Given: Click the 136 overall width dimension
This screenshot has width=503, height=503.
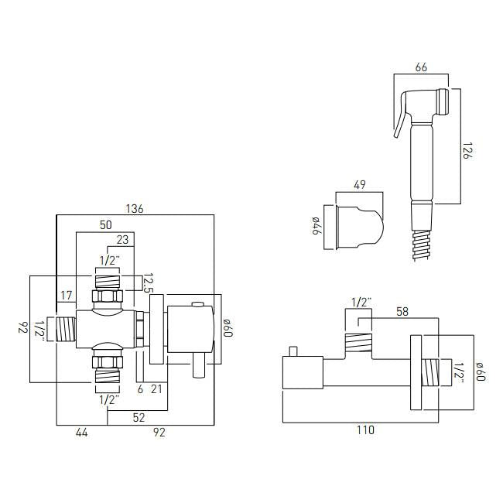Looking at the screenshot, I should tap(135, 208).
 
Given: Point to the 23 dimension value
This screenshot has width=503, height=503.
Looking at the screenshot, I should tap(121, 240).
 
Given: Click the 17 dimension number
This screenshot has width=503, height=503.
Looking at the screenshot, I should tap(67, 294).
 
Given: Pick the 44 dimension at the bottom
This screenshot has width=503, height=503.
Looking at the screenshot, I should tap(81, 433).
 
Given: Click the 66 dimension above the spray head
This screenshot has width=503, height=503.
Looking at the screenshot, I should tap(422, 68).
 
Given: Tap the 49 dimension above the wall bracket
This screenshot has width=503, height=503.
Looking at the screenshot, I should tap(358, 185).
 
